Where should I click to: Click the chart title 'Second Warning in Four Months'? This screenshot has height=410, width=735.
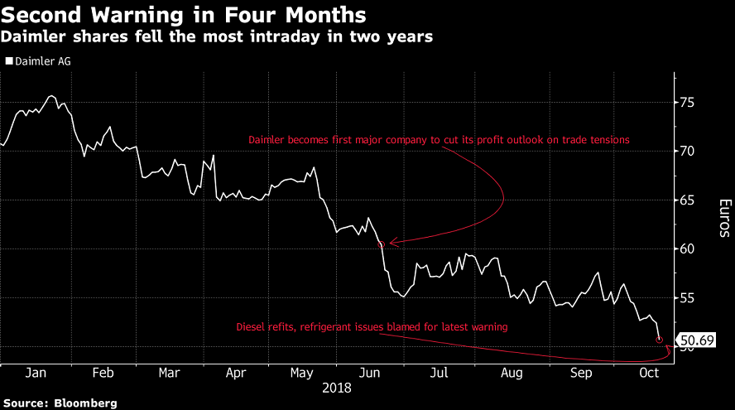[x=185, y=15]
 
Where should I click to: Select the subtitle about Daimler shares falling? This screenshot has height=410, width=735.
[x=219, y=37]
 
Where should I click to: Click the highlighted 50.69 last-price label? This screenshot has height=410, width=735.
[x=696, y=340]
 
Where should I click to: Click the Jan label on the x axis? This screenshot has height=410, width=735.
[x=36, y=374]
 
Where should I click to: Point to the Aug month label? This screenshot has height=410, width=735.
[x=511, y=374]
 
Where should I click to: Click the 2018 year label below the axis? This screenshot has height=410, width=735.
[x=337, y=388]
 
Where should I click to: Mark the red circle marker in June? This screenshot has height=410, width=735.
[x=382, y=244]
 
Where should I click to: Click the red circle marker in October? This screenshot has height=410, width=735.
[x=660, y=339]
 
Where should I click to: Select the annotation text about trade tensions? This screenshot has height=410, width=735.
[x=440, y=140]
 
